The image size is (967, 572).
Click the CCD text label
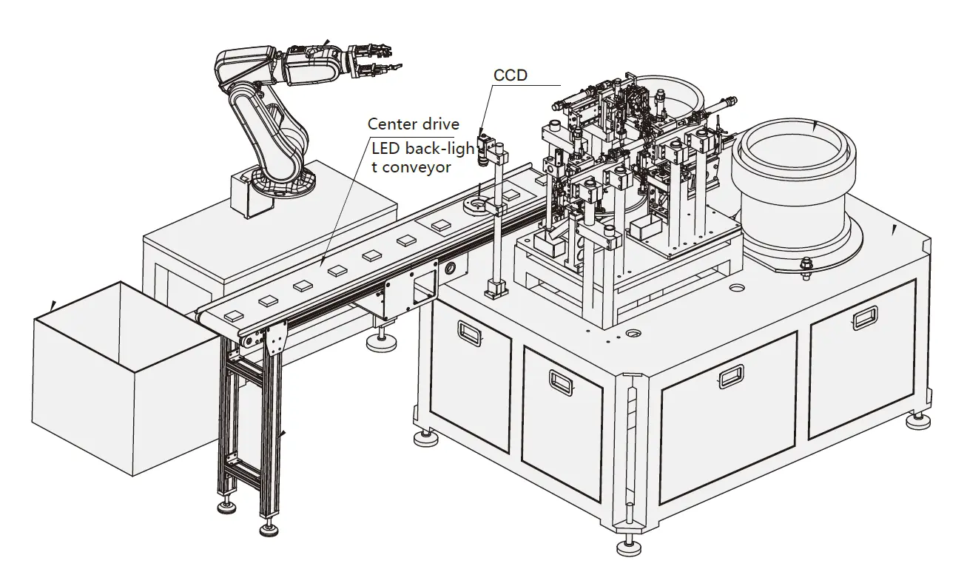pyautogui.click(x=511, y=75)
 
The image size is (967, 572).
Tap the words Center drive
pyautogui.click(x=414, y=124)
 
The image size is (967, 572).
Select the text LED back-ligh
pyautogui.click(x=422, y=150)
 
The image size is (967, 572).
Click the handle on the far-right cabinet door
pyautogui.click(x=864, y=319)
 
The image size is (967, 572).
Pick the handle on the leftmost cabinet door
pyautogui.click(x=468, y=330)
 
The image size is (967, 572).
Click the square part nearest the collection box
pyautogui.click(x=232, y=314)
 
